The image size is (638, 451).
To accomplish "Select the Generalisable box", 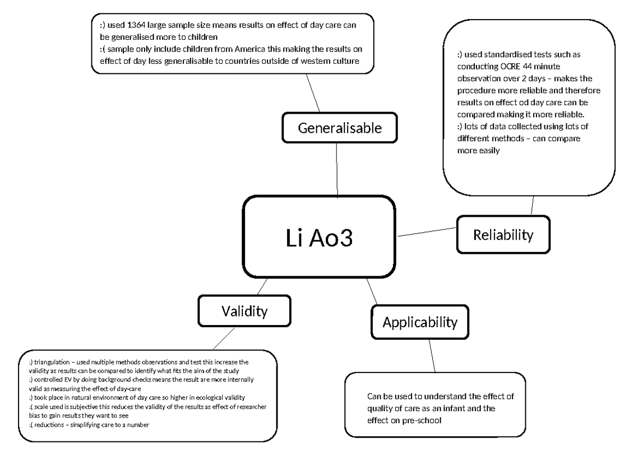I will pos(340,128).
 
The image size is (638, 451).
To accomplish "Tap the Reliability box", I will pos(502,234).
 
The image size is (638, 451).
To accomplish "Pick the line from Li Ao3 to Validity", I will pos(261,287).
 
